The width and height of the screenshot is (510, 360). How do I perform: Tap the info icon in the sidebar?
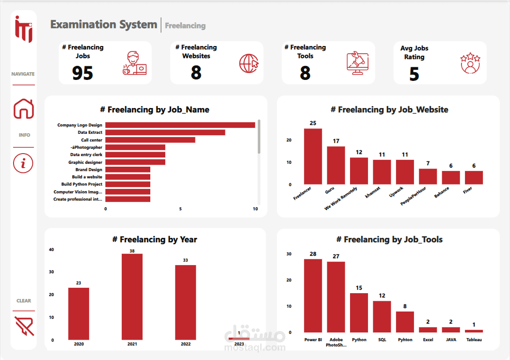click(23, 163)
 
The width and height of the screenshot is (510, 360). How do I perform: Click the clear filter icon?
click(24, 326)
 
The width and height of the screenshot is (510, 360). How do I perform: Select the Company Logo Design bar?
click(180, 125)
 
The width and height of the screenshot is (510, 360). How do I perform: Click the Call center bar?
click(150, 140)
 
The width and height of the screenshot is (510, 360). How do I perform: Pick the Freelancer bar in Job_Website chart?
click(313, 156)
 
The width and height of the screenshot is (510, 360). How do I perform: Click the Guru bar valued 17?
click(336, 165)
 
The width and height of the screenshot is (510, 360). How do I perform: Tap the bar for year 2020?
click(79, 313)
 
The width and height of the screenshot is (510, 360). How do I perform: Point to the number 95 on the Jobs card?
click(82, 73)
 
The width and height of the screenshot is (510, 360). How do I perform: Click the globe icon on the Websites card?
click(249, 63)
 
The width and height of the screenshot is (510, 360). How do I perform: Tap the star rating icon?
click(470, 63)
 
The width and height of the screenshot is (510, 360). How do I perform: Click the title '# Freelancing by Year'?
click(155, 239)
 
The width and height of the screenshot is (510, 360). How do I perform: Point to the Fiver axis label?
click(468, 190)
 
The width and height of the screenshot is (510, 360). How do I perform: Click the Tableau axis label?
click(474, 340)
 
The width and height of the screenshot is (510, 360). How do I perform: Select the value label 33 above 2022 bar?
click(185, 260)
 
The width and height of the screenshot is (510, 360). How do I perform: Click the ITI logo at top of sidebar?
click(23, 29)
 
